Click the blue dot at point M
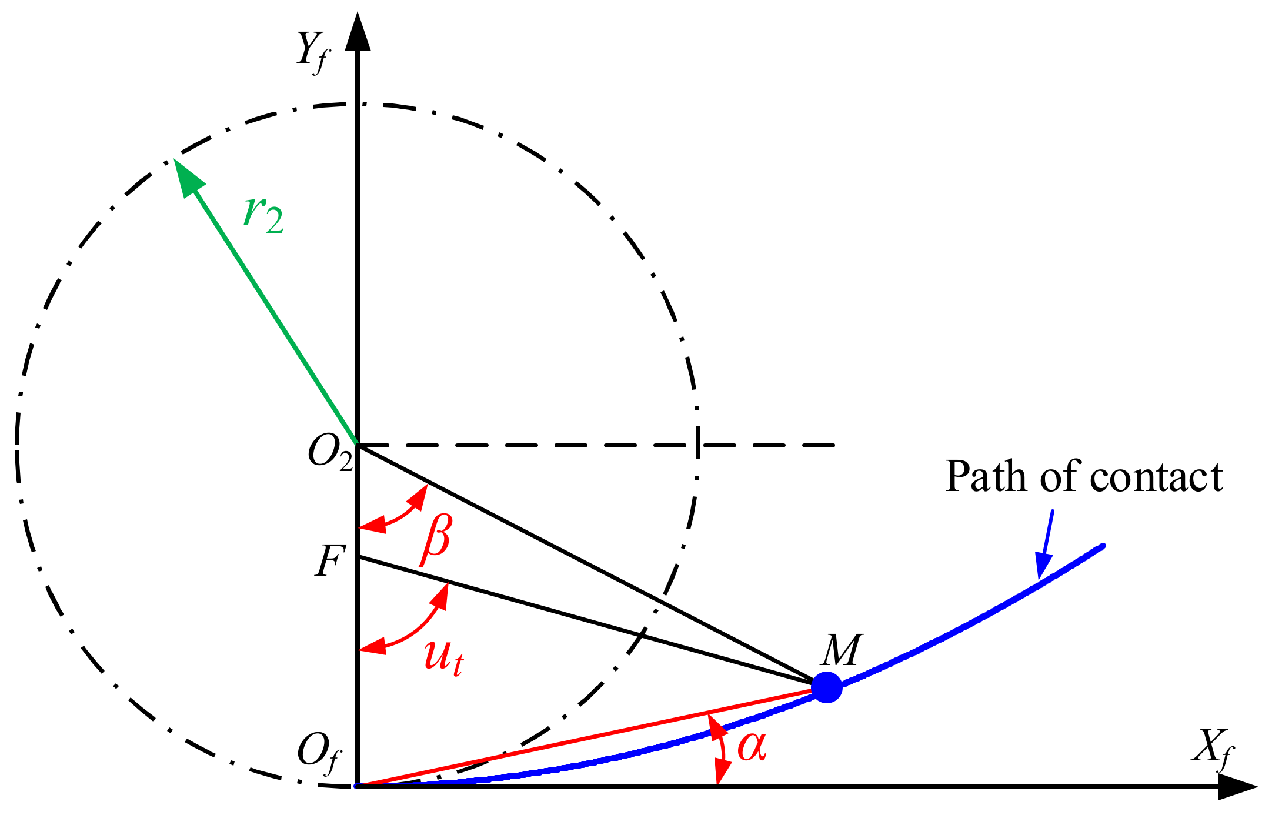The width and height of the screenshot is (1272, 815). click(826, 687)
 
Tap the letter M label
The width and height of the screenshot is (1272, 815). click(842, 650)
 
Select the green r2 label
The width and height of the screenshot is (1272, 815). click(263, 214)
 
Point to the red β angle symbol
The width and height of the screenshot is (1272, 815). click(436, 539)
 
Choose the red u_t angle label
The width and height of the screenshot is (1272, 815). click(443, 657)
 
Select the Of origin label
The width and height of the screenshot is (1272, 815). click(319, 753)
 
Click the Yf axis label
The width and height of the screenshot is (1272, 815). click(313, 52)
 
